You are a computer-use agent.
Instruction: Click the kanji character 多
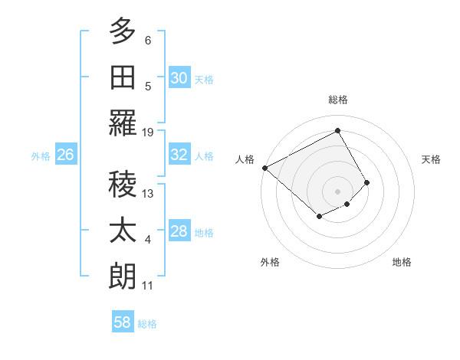coord(123,32)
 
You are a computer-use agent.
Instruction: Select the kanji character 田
coord(123,78)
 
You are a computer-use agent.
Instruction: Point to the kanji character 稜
coord(123,185)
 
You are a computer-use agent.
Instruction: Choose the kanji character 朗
coord(123,277)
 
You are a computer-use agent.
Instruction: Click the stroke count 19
coord(148,132)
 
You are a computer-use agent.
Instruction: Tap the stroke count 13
coord(148,194)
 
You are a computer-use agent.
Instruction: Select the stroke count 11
coord(148,286)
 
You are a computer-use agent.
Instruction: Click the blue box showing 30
coord(179,78)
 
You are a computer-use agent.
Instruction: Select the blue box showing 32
coord(179,155)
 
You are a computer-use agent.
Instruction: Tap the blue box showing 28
coord(179,231)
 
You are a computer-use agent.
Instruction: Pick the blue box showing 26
coord(65,155)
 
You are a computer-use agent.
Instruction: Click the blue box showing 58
coord(123,322)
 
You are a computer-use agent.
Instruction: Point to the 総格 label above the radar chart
coord(337,100)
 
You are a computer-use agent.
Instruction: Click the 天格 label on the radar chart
coord(431,159)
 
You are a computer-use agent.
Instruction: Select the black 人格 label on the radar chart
coord(245,159)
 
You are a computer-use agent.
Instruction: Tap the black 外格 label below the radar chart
coord(270,262)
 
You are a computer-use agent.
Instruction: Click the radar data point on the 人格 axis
coord(264,168)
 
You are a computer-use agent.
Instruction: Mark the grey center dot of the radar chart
coord(337,191)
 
